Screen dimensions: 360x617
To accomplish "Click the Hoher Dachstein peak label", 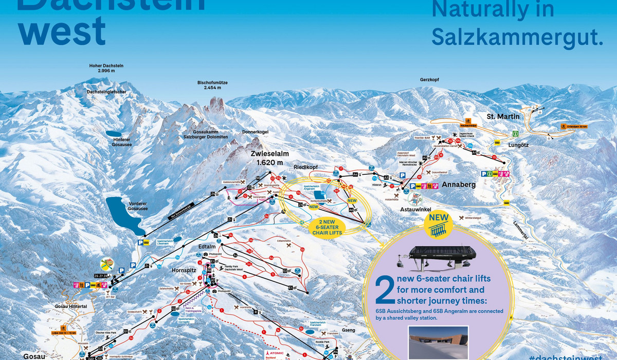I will tap(106, 69).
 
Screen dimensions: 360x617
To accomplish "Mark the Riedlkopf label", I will tap(306, 168).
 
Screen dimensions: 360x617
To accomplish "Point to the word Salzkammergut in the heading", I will tap(517, 37).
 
